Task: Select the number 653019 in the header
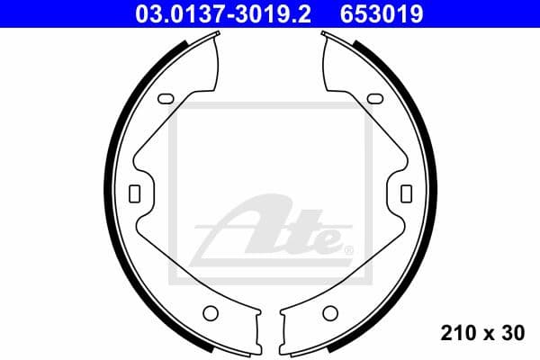click(382, 13)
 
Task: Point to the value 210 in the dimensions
click(458, 333)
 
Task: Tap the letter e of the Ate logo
click(326, 239)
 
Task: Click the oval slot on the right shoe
click(372, 99)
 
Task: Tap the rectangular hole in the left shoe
click(135, 193)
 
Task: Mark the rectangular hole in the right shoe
click(405, 193)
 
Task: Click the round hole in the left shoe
click(211, 313)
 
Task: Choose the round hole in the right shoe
click(330, 313)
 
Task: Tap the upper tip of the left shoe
click(217, 36)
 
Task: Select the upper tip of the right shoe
click(324, 36)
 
